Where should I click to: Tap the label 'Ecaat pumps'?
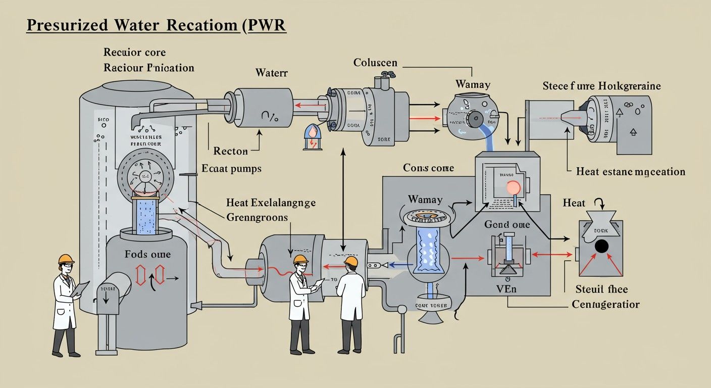pyautogui.click(x=231, y=168)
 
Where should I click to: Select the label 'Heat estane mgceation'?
pyautogui.click(x=631, y=172)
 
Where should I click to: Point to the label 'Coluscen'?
pyautogui.click(x=375, y=63)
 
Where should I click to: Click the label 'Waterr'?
pyautogui.click(x=272, y=73)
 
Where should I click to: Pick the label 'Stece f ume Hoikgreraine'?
pyautogui.click(x=601, y=86)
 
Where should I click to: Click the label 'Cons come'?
pyautogui.click(x=428, y=168)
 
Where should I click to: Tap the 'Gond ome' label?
pyautogui.click(x=507, y=224)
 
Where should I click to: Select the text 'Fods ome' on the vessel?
pyautogui.click(x=147, y=254)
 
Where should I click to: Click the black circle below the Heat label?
pyautogui.click(x=601, y=246)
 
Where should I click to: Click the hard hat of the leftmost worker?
pyautogui.click(x=66, y=259)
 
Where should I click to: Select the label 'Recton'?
pyautogui.click(x=230, y=151)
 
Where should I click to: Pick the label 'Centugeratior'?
pyautogui.click(x=605, y=305)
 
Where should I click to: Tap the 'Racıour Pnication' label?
pyautogui.click(x=148, y=68)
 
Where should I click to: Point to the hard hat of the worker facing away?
pyautogui.click(x=351, y=261)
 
